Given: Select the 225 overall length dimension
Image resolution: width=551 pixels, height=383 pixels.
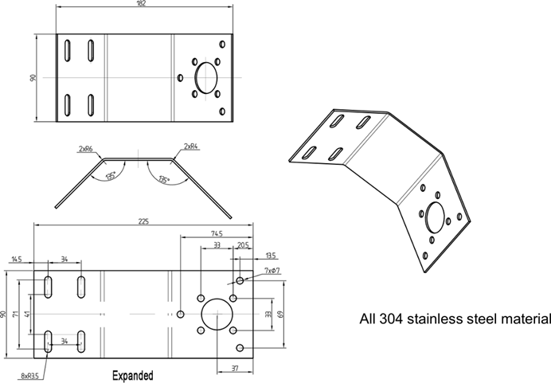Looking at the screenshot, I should click(143, 222).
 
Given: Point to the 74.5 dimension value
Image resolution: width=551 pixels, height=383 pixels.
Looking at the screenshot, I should click(216, 233).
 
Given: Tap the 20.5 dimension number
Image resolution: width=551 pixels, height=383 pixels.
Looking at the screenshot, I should click(242, 246).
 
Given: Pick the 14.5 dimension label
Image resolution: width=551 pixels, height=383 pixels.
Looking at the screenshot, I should click(17, 259).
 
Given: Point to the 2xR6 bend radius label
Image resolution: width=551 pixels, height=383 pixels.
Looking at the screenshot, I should click(85, 148).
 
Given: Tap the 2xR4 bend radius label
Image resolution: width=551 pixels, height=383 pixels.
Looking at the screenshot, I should click(190, 146).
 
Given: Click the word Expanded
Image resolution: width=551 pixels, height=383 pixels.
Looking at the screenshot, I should click(132, 373).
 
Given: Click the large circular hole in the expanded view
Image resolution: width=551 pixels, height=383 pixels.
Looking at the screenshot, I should click(216, 315).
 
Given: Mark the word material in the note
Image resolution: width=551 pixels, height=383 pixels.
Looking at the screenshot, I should click(522, 320).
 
